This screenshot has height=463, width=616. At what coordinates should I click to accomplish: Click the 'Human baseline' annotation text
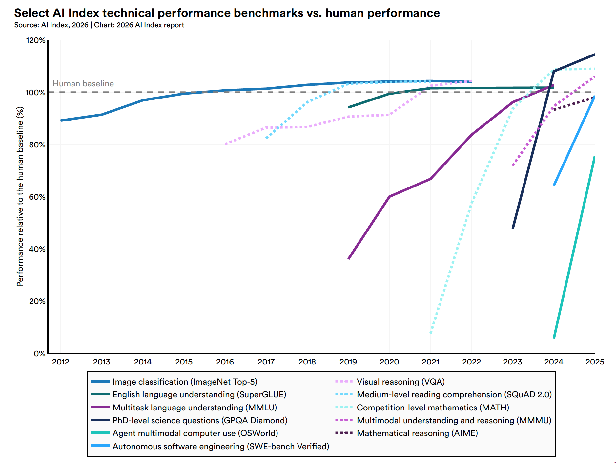83,84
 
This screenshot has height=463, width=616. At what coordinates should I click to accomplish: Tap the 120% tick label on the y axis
35,40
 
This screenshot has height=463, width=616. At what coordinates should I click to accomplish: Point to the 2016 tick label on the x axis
225,362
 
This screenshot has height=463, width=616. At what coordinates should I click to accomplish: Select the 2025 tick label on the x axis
595,362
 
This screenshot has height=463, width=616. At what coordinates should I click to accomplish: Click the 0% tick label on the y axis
39,354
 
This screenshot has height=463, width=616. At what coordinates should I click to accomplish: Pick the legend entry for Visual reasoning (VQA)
400,382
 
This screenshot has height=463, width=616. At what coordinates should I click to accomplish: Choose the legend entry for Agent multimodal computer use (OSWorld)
195,433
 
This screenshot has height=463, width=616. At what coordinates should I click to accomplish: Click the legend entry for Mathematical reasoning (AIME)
417,433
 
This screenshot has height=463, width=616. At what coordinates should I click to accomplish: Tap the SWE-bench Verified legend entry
221,446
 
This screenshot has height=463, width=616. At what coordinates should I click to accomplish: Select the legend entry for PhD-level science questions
200,420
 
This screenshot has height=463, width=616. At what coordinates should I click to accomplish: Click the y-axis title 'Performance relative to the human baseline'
20,196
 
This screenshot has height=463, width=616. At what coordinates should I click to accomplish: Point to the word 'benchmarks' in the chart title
268,13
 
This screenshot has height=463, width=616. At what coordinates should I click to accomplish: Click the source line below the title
99,25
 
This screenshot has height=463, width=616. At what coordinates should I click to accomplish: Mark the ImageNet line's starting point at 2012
61,121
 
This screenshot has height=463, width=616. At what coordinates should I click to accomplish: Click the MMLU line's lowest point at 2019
349,259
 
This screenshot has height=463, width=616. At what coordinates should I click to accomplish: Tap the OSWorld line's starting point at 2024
554,338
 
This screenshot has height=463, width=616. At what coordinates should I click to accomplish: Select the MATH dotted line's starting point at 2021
431,333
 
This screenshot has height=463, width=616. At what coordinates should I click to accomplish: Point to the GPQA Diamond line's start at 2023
513,228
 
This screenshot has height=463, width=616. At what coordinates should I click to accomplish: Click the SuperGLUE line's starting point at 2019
349,107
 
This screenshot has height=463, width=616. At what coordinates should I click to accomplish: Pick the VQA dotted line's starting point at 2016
225,144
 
